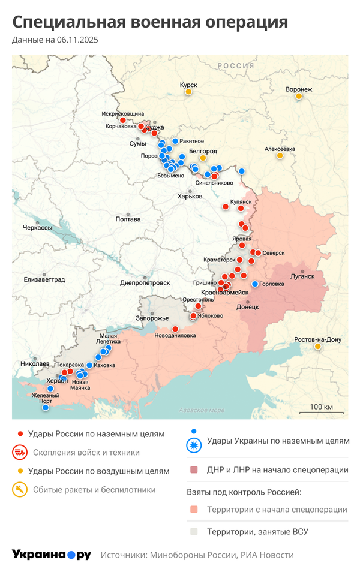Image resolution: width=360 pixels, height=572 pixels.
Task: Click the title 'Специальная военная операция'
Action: coord(150,22)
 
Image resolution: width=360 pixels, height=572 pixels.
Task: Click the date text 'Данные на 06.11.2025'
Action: coord(55,40)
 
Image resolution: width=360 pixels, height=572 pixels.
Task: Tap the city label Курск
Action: coord(188,85)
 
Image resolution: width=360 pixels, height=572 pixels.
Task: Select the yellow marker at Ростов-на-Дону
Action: coord(317,347)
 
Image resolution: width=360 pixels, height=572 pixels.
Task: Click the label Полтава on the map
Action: coord(128,219)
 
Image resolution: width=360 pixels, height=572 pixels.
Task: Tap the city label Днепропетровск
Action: coord(145,282)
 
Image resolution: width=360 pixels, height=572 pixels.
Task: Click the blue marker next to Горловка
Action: coord(255,284)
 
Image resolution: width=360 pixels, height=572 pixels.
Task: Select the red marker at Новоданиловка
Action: coord(175,329)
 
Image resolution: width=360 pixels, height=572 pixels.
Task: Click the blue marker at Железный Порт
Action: coord(45,408)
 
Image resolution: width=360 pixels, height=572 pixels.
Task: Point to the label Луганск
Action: coord(302,276)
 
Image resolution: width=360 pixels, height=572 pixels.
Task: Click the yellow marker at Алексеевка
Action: coord(280,156)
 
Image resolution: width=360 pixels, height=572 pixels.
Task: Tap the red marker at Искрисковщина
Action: coord(123,120)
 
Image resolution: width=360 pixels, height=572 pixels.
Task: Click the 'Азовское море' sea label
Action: coord(202,410)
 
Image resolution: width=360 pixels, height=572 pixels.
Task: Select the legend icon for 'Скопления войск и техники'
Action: coord(20,453)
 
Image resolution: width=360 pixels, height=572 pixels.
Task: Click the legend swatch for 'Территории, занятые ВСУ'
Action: coord(193,531)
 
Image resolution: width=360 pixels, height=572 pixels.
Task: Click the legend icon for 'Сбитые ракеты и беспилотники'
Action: coord(20,490)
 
